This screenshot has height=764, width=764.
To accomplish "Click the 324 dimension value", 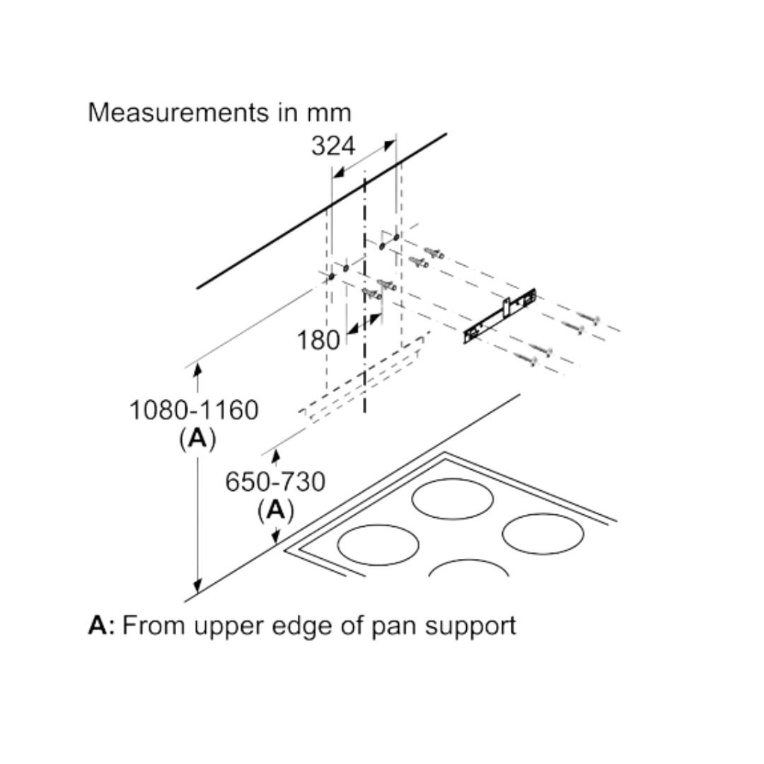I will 333,146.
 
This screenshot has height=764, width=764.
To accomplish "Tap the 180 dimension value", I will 318,340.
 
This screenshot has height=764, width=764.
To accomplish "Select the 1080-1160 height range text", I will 194,410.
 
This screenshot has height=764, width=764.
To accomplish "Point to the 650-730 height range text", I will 275,482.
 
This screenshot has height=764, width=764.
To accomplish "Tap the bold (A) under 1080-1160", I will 197,439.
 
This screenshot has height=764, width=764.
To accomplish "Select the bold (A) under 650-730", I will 275,509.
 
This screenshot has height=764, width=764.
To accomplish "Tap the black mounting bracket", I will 500,316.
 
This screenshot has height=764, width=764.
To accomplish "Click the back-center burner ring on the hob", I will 452,499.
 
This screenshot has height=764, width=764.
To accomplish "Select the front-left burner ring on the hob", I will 378,545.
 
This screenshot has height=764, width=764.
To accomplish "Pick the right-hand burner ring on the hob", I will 543,533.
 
